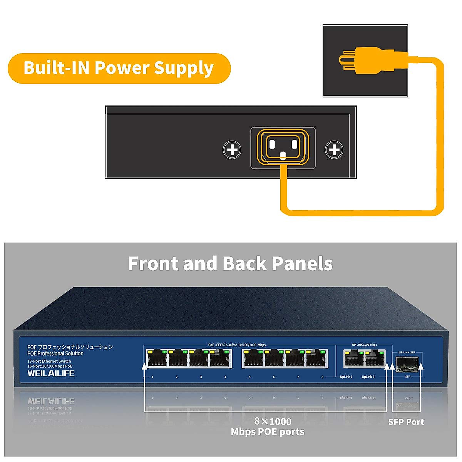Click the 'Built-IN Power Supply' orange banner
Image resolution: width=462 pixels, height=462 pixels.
(119, 68)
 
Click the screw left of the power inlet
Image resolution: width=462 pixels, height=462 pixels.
(232, 149)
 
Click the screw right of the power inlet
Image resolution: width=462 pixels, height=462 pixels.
(334, 149)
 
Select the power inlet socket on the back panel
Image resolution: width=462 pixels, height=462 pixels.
(283, 148)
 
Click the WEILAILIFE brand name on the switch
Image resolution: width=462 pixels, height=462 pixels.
(51, 373)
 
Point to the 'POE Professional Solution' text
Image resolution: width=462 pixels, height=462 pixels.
(55, 353)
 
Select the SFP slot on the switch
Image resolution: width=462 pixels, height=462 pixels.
(407, 364)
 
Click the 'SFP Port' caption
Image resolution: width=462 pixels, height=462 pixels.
(406, 422)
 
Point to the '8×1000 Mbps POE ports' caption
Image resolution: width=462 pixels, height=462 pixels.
(268, 427)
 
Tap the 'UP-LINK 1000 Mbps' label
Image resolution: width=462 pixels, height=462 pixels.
(364, 345)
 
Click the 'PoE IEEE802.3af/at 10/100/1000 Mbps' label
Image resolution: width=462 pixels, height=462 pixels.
(237, 345)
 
